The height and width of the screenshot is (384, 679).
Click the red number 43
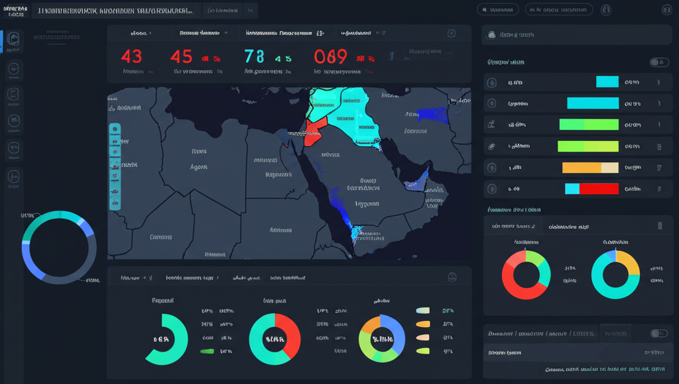(x=131, y=57)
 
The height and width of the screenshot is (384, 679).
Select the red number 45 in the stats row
(x=181, y=57)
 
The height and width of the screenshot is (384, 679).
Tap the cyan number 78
(x=254, y=57)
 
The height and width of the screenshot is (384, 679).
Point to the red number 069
(x=331, y=57)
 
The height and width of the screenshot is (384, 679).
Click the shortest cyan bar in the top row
(x=607, y=82)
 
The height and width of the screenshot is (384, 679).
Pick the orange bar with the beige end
(x=590, y=168)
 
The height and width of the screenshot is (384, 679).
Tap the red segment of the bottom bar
(x=599, y=189)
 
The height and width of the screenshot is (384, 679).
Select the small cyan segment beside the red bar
(x=572, y=189)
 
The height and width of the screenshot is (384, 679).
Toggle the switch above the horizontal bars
(x=658, y=62)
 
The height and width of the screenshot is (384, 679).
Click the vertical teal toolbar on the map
(x=115, y=166)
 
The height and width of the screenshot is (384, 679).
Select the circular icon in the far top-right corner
(x=666, y=10)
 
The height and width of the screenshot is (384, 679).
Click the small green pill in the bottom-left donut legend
(x=207, y=351)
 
